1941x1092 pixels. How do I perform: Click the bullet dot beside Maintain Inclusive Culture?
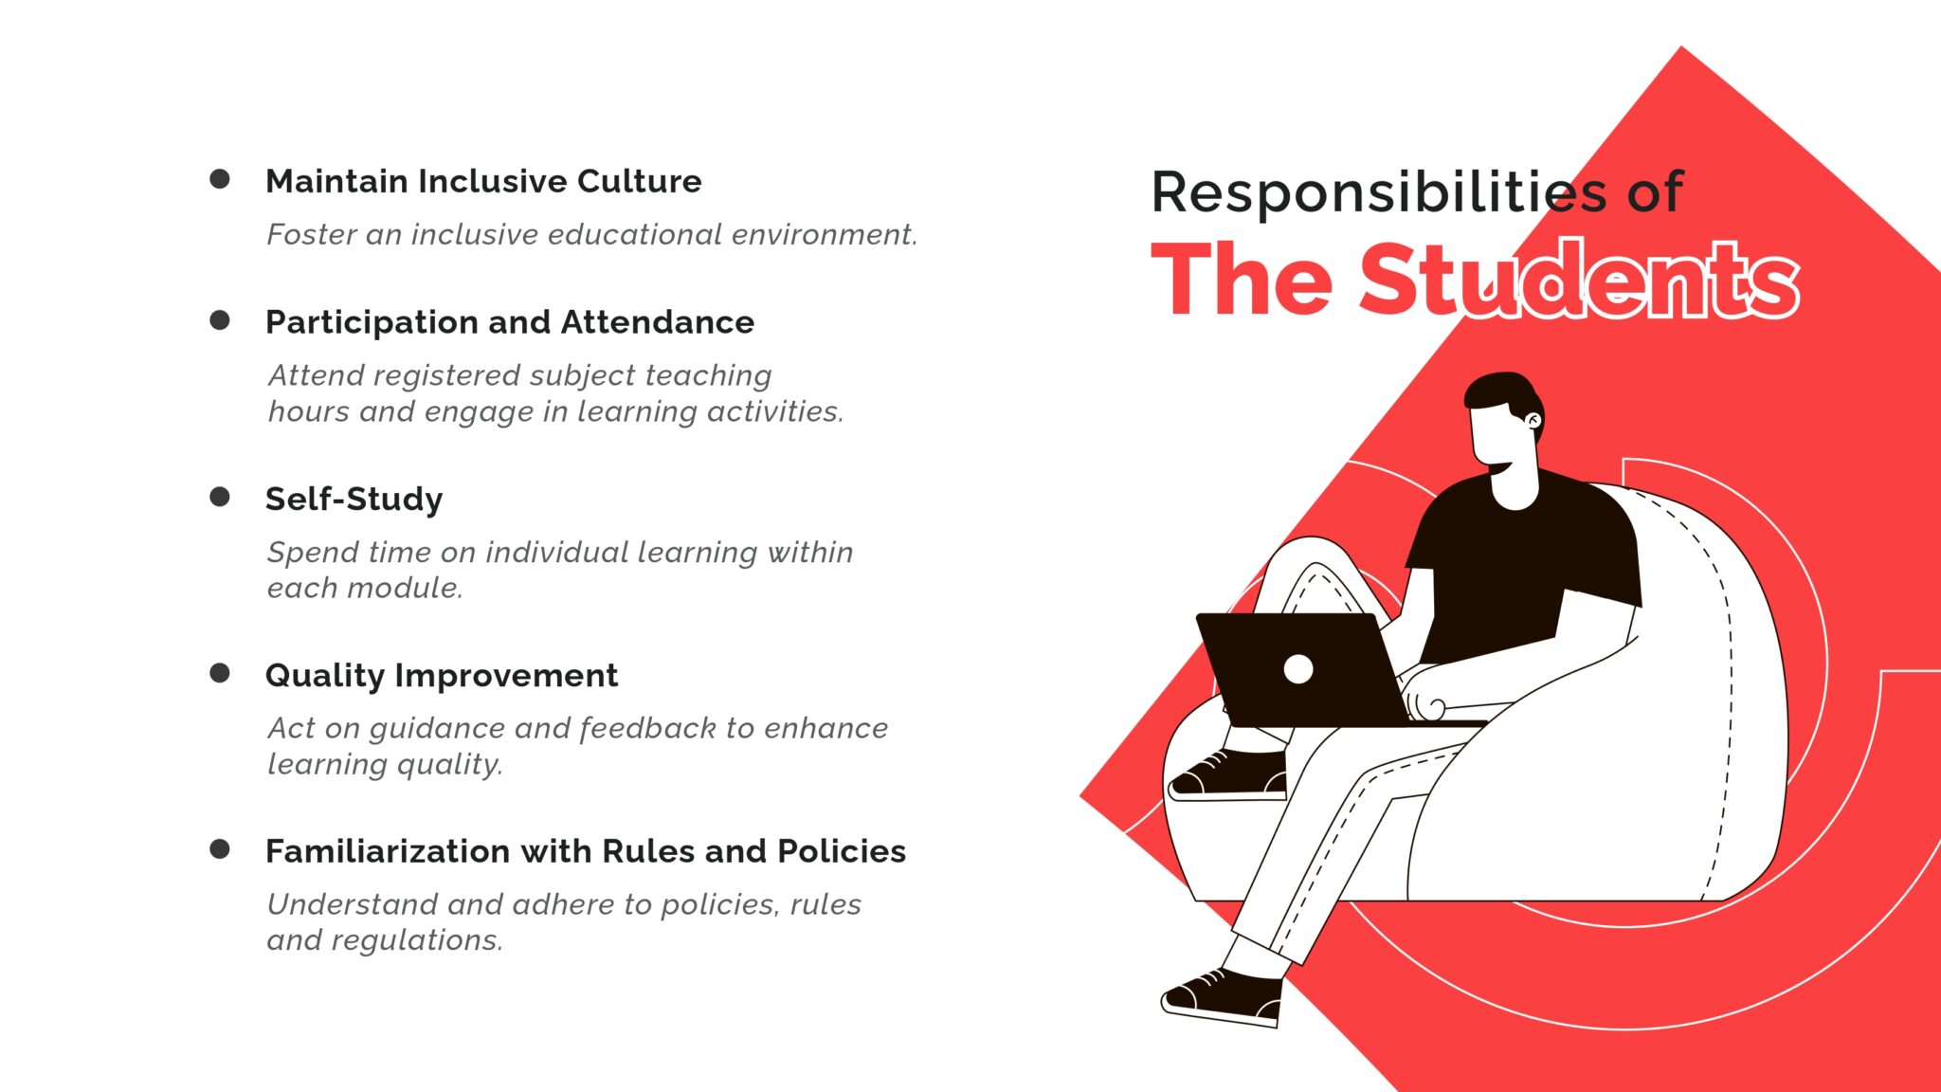[x=219, y=179]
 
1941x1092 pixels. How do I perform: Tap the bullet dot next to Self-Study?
[x=219, y=497]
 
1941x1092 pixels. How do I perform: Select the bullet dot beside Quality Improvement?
[x=219, y=673]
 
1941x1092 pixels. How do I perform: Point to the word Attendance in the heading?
[x=658, y=322]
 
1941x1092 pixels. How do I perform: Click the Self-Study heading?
[x=354, y=500]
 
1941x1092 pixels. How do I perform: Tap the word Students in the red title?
[x=1579, y=280]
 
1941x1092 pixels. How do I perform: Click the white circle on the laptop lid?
[x=1298, y=669]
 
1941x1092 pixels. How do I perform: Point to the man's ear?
[x=1533, y=419]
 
